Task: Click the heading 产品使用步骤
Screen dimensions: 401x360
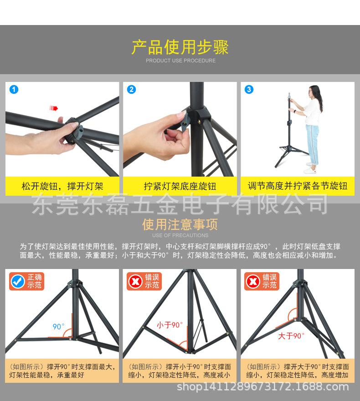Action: point(180,47)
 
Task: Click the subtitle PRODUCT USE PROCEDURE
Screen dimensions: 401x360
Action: point(180,61)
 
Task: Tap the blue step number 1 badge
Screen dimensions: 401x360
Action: point(14,89)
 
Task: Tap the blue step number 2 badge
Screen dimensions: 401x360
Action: point(132,89)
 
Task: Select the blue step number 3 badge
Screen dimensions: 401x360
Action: point(249,89)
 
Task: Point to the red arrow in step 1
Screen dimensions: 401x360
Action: point(54,108)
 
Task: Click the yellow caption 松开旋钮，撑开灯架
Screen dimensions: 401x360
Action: point(62,186)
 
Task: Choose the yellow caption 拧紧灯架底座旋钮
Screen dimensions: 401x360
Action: point(180,186)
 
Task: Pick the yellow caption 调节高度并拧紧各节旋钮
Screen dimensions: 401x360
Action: point(297,186)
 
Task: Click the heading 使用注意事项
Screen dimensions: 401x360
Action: point(180,224)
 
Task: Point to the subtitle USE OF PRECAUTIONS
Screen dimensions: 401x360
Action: point(180,235)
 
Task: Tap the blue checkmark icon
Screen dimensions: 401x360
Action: point(18,282)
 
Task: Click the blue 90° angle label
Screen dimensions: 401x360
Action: point(58,326)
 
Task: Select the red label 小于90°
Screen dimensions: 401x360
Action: point(170,325)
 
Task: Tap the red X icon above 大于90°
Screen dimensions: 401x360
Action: point(253,282)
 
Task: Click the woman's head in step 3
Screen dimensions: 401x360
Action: point(311,90)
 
